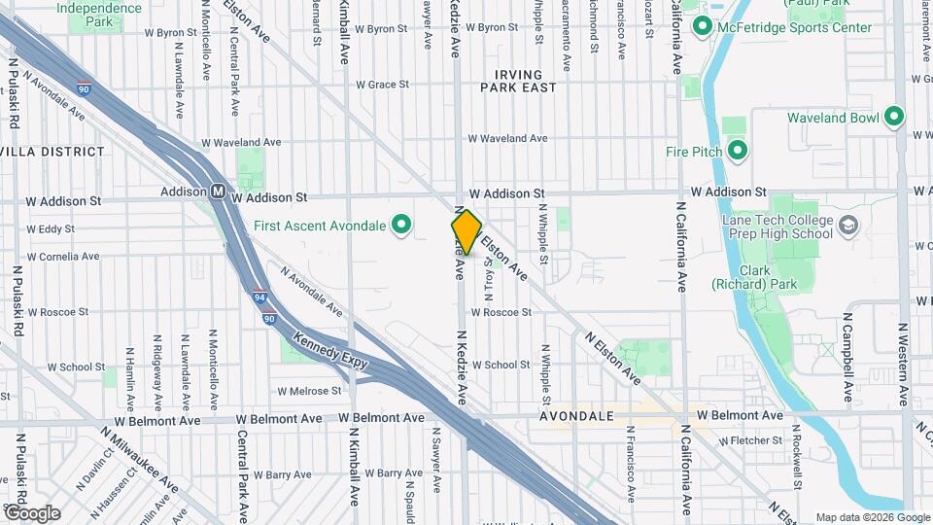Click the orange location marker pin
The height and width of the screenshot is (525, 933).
[466, 232]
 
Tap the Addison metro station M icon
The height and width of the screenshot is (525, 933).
[220, 192]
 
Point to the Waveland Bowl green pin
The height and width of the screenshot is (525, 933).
[894, 118]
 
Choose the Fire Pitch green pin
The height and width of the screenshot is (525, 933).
[737, 151]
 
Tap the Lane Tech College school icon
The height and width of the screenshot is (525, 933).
[848, 227]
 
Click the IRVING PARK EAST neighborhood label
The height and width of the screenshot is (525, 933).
[525, 81]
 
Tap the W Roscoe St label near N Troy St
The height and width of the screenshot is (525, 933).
[501, 313]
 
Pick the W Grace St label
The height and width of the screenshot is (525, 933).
[382, 85]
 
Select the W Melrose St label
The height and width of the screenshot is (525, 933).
[309, 392]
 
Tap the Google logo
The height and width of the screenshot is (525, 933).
[32, 512]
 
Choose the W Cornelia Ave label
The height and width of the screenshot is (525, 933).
[63, 258]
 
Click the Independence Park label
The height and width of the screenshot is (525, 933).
[98, 14]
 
